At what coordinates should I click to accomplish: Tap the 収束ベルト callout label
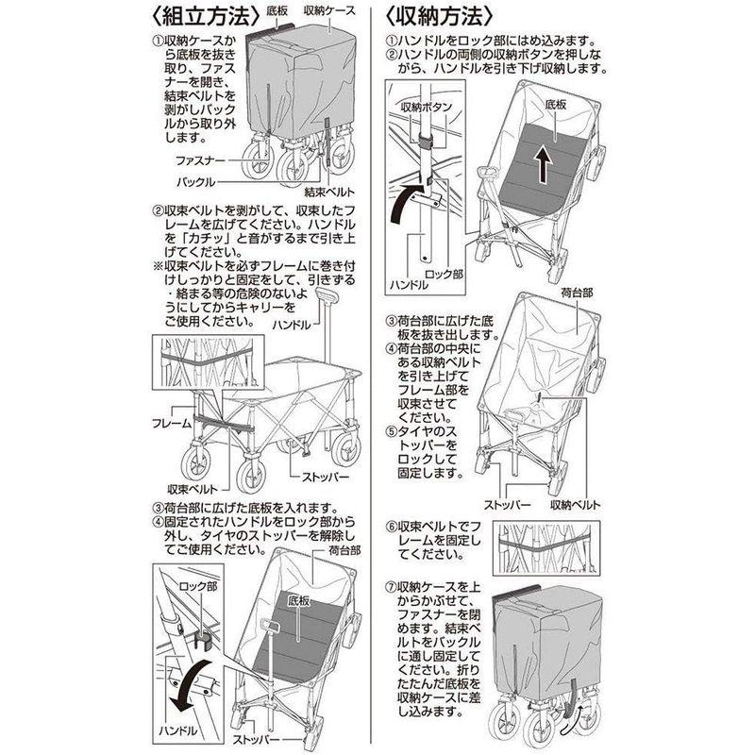coord(193,489)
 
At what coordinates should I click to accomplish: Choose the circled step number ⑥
coord(391,526)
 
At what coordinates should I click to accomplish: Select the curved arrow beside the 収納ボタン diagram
coord(409,202)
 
